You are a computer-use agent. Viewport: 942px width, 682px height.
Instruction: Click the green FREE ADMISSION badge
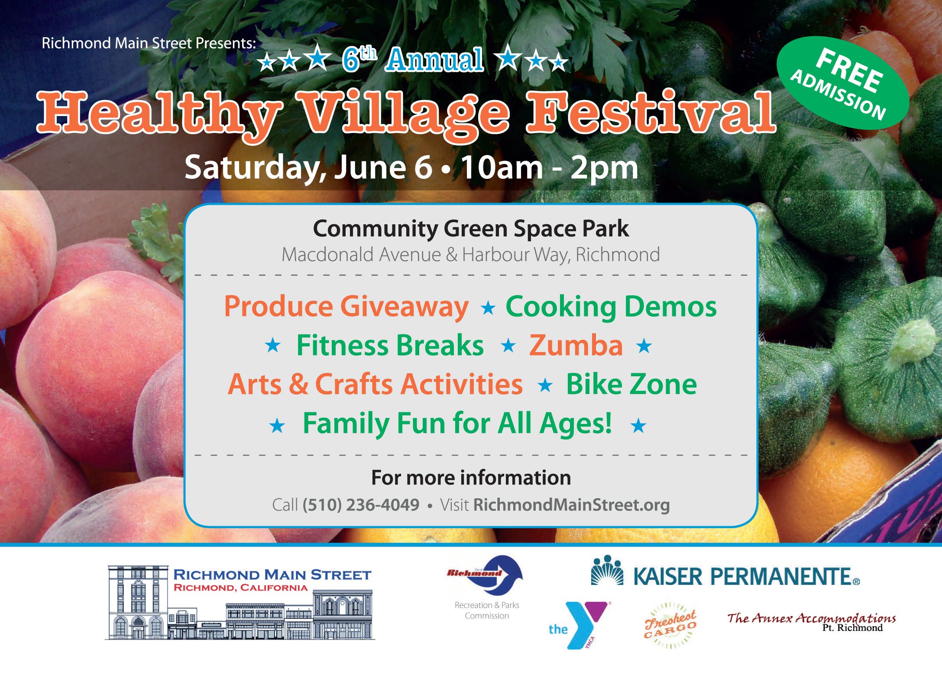[x=842, y=83]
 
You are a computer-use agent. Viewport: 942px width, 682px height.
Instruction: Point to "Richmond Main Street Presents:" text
[x=149, y=43]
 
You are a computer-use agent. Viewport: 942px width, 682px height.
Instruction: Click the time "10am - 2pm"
[x=549, y=168]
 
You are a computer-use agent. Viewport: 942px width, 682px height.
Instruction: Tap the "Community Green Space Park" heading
[x=471, y=228]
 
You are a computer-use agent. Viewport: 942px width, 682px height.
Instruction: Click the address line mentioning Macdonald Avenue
[x=471, y=255]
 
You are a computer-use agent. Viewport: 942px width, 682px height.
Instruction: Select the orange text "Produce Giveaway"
[x=346, y=307]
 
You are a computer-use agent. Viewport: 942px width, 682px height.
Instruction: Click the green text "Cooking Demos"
[x=611, y=307]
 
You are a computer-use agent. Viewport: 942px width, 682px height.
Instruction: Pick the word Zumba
[x=576, y=346]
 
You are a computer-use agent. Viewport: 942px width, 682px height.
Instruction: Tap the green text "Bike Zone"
[x=631, y=384]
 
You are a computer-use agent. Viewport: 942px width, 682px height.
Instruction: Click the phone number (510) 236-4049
[x=361, y=505]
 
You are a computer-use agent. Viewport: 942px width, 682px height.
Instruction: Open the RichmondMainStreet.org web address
[x=571, y=505]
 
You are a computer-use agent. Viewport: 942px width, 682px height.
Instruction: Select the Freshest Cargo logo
[x=670, y=625]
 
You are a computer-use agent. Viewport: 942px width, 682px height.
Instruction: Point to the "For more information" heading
[x=471, y=478]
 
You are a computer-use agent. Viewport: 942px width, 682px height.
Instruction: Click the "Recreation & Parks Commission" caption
[x=487, y=610]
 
